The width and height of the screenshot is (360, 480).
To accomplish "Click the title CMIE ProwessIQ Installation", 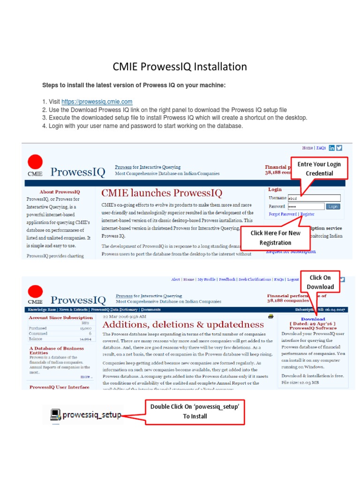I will click(x=180, y=67).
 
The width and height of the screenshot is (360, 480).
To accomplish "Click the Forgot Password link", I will click(x=283, y=214).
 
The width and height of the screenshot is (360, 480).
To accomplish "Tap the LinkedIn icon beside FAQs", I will click(x=332, y=148).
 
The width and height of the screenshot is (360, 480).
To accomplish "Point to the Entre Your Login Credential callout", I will click(x=319, y=168).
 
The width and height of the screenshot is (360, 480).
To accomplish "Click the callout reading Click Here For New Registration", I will click(x=275, y=238).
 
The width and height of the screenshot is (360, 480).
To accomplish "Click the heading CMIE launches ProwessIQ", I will click(x=162, y=193).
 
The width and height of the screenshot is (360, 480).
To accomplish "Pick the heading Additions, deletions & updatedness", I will click(x=183, y=324).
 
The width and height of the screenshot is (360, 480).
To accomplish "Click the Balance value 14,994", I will click(x=85, y=338).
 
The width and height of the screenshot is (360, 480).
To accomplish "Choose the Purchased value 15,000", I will click(x=85, y=328).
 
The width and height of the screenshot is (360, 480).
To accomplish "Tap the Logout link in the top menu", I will click(x=292, y=279).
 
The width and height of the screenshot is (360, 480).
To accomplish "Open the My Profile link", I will click(x=206, y=279).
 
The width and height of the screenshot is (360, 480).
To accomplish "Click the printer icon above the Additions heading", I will click(x=270, y=316).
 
